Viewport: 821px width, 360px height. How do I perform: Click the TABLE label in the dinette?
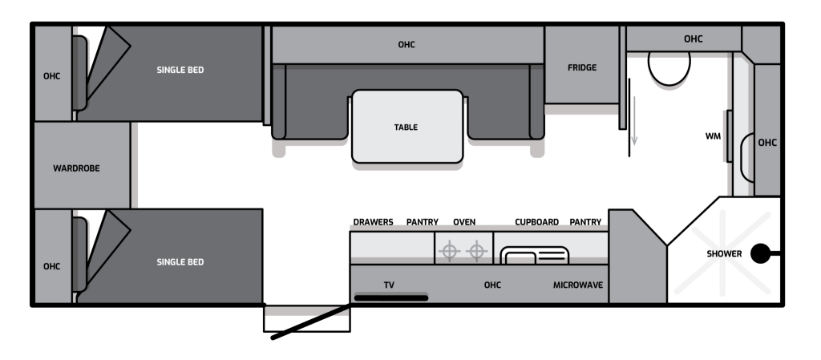click(406, 127)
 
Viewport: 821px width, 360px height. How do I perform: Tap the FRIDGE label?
click(582, 67)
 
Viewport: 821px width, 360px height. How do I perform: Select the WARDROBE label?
click(76, 168)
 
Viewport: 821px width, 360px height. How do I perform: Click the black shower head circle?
click(760, 254)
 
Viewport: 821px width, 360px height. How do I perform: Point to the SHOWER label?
click(724, 254)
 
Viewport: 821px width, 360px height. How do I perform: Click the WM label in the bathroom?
click(713, 136)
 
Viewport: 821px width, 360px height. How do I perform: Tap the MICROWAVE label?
click(578, 285)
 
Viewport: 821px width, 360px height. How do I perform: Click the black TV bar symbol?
click(391, 298)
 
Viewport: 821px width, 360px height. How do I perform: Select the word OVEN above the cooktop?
click(464, 222)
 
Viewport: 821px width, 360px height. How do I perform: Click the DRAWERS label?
click(373, 222)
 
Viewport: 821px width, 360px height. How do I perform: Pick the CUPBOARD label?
click(536, 222)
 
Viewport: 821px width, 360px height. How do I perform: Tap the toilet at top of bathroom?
click(669, 68)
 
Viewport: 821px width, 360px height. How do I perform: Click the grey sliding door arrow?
click(634, 120)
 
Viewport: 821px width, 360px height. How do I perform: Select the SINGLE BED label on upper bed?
click(180, 70)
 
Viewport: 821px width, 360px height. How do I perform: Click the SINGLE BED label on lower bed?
click(180, 262)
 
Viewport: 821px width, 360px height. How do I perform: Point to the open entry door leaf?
click(310, 322)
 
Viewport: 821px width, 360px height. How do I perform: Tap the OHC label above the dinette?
click(406, 45)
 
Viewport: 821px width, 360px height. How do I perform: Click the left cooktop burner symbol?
click(449, 251)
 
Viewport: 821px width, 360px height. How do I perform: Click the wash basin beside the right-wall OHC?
click(746, 157)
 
